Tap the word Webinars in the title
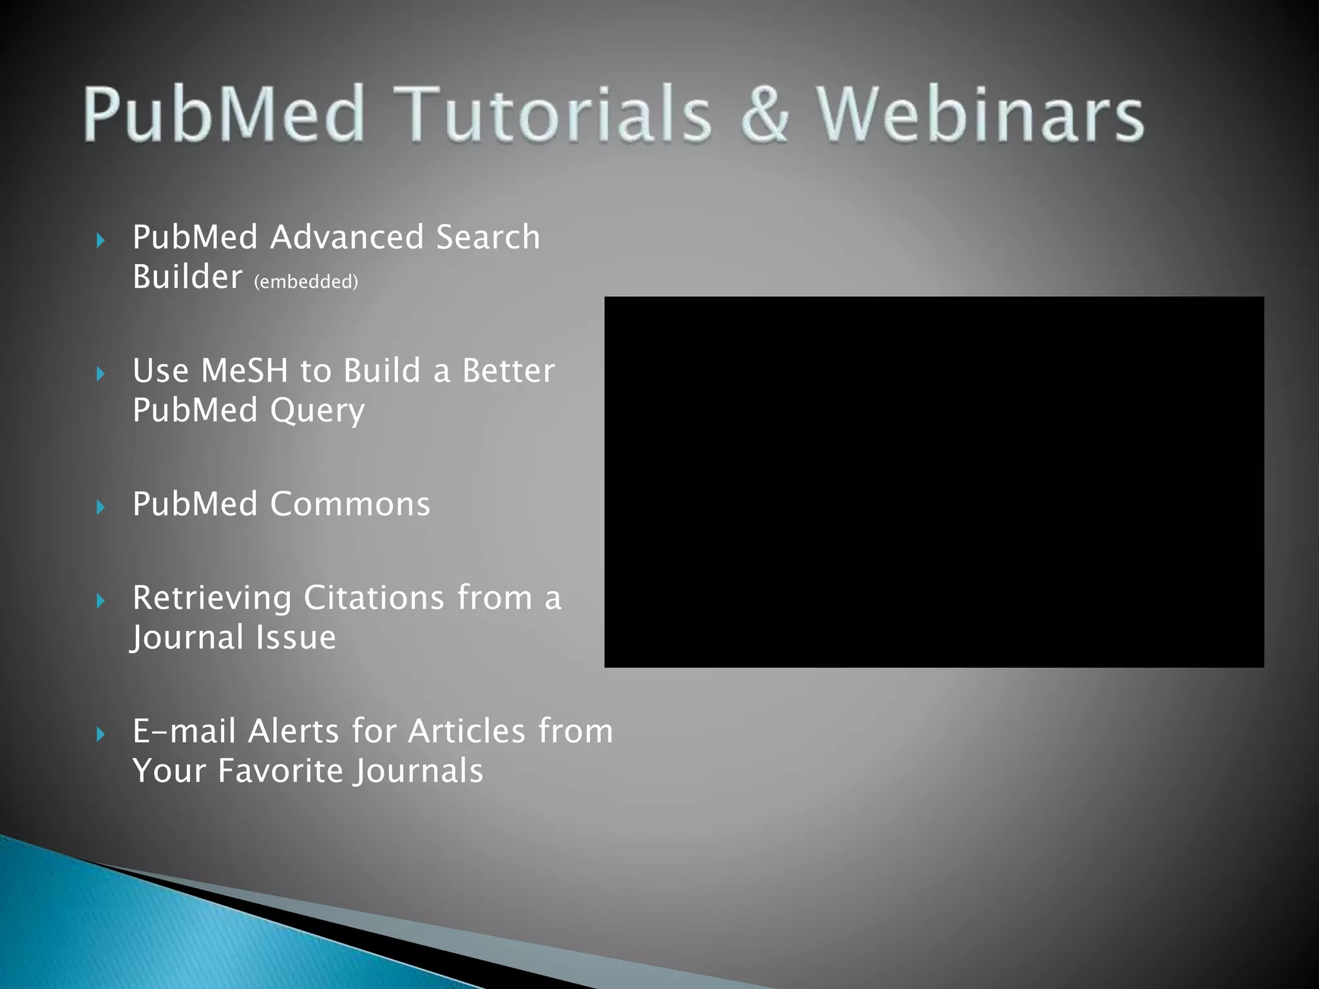coord(980,114)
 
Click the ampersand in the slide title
coord(764,114)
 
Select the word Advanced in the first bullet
coord(347,237)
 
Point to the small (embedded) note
coord(306,282)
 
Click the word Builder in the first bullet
coord(187,277)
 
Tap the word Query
coord(317,411)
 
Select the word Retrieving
coord(212,599)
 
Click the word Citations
coord(374,598)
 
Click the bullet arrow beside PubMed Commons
coord(100,507)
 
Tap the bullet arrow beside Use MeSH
coord(100,373)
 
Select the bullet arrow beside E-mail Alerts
coord(100,734)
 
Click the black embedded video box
coord(934,482)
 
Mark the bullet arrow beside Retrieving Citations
coord(100,601)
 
